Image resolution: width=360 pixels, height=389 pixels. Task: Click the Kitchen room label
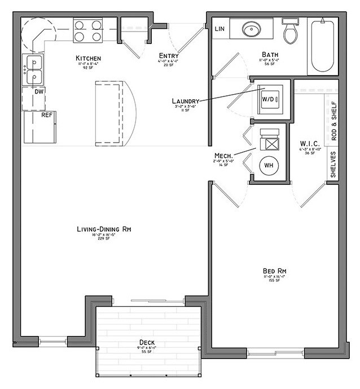89,58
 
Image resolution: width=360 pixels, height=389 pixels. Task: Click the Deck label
147,342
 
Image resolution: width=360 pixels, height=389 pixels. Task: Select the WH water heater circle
269,166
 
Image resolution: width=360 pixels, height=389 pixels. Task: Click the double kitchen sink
33,68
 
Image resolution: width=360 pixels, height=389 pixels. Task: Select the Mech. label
224,155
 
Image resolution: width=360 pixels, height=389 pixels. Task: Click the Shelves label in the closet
334,164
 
